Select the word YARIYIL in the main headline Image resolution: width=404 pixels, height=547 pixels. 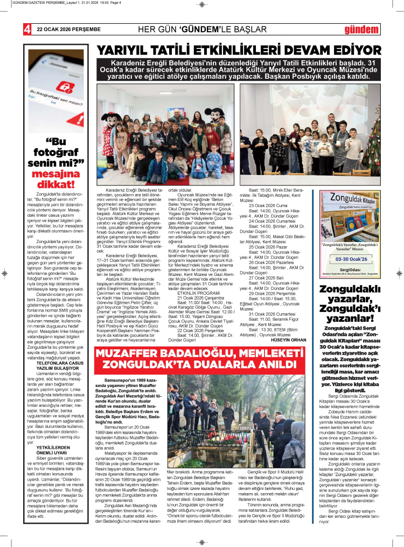coord(124,52)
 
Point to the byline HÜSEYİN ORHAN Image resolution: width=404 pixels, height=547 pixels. coord(290,340)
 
